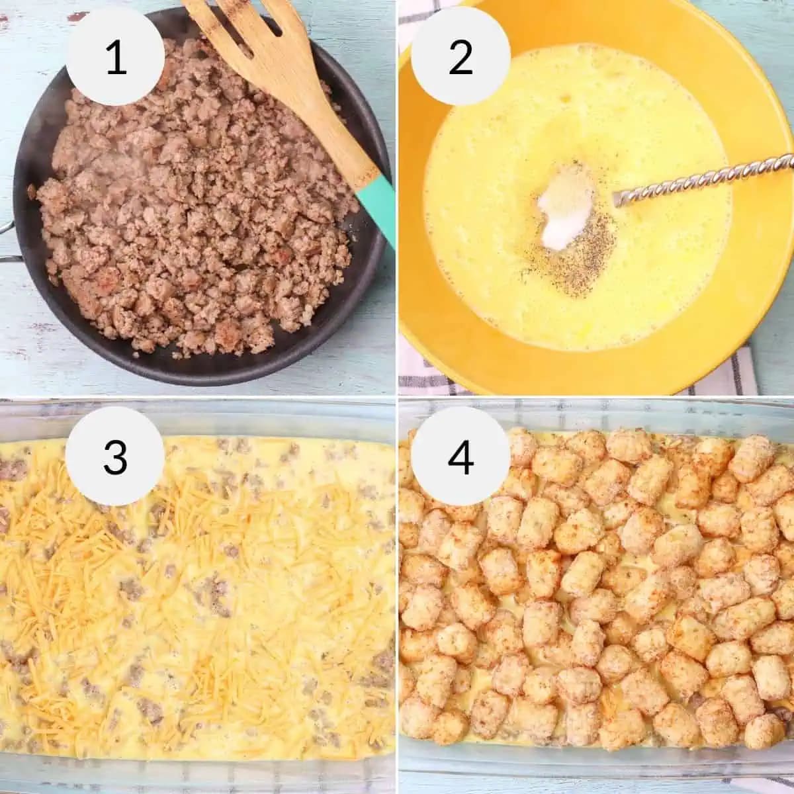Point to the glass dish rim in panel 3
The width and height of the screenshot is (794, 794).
(x=198, y=414)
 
